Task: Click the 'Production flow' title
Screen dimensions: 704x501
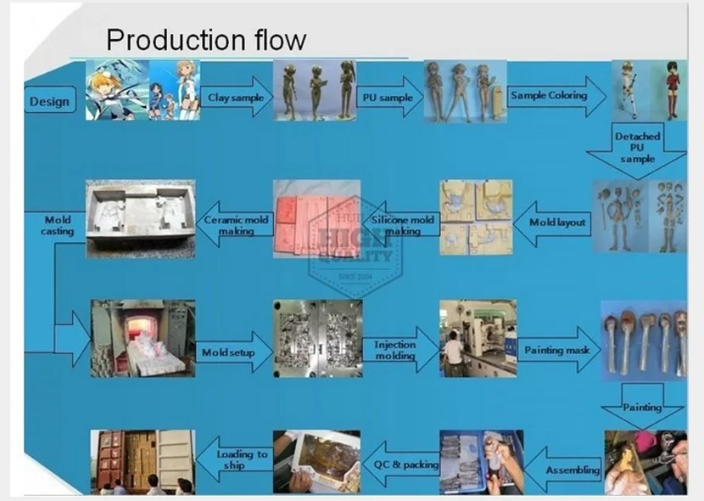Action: tap(206, 40)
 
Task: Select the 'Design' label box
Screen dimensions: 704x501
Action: tap(49, 102)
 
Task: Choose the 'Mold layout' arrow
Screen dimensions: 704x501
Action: tap(553, 222)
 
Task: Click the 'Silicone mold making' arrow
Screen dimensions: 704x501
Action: tap(401, 225)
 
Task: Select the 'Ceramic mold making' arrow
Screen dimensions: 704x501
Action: tap(235, 225)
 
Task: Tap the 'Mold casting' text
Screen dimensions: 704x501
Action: tap(57, 225)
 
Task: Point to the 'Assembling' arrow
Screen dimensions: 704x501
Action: tap(567, 470)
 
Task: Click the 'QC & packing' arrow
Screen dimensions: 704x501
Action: tap(403, 465)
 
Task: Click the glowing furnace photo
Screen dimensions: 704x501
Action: tap(142, 338)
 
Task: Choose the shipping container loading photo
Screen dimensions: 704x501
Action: tap(142, 461)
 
